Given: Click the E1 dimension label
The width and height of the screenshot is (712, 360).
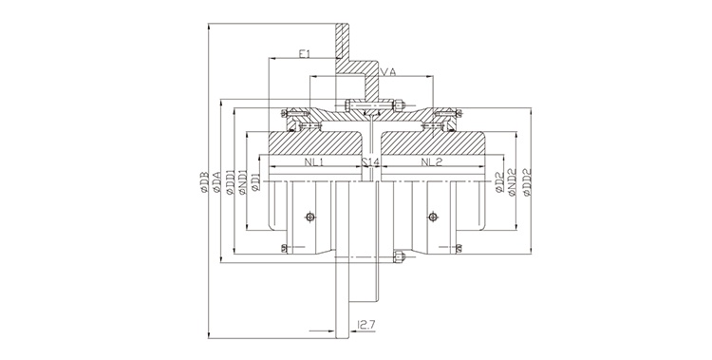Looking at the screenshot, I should tap(304, 56).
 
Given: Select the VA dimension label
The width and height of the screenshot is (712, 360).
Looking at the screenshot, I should tap(386, 71).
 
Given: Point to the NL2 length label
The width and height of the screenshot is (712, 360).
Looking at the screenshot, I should tap(432, 163).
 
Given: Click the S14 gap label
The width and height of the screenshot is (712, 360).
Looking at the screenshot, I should tap(372, 163).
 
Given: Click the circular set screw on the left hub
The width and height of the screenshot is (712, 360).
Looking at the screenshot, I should tap(309, 218).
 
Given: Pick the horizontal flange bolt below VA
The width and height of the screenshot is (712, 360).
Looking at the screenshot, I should tap(373, 104).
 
